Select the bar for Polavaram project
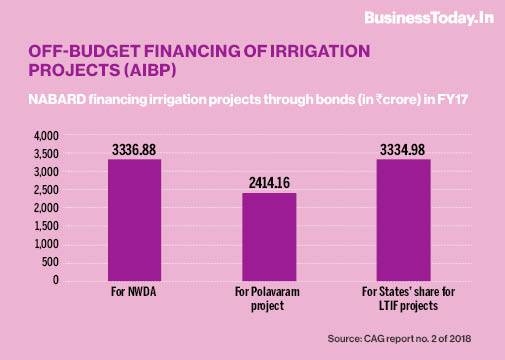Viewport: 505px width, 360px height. (x=270, y=236)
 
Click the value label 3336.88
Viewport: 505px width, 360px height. (x=134, y=149)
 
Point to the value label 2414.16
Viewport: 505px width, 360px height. (x=270, y=183)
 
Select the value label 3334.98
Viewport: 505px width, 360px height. (x=403, y=149)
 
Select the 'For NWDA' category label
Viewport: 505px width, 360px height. (x=134, y=292)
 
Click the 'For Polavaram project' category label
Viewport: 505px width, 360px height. (x=270, y=298)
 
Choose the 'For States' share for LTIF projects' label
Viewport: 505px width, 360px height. (x=403, y=298)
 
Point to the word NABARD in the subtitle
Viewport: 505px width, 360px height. (x=60, y=99)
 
